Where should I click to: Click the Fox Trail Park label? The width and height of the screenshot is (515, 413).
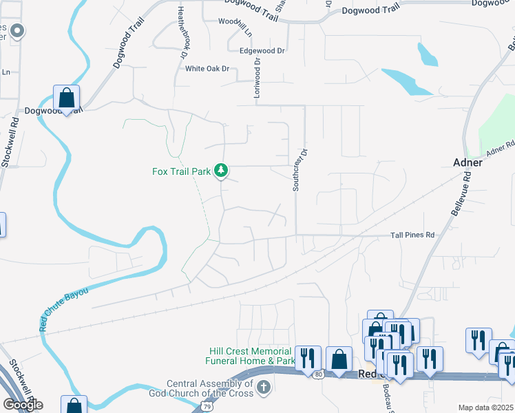(x=181, y=171)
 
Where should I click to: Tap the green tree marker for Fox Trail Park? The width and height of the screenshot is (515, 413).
(x=221, y=170)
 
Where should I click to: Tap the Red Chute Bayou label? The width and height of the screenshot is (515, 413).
(x=63, y=310)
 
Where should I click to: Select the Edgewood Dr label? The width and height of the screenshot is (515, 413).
(x=262, y=51)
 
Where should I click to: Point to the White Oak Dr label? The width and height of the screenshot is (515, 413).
(x=207, y=69)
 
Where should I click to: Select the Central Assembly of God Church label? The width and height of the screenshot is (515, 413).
(x=211, y=389)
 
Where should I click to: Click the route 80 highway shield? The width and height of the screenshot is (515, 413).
(x=317, y=374)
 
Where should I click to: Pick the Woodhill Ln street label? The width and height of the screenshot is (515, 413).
(x=235, y=26)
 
